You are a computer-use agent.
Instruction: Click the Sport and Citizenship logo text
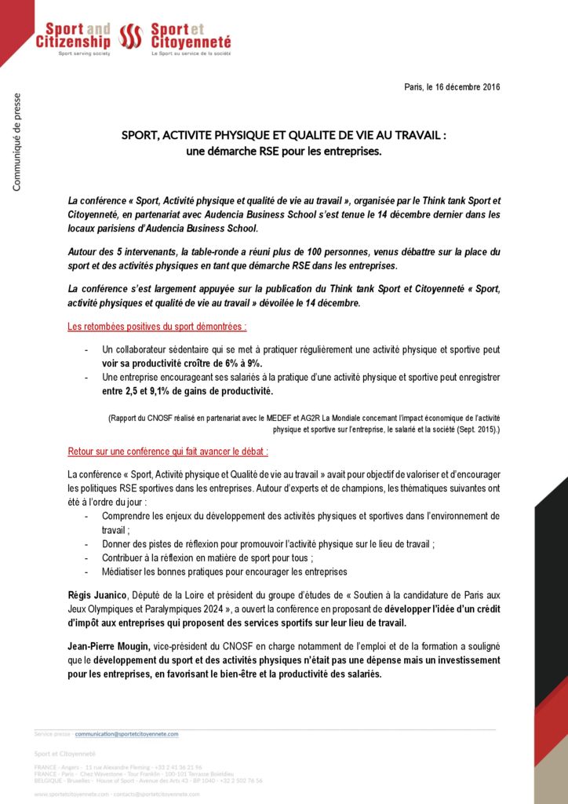tap(73, 35)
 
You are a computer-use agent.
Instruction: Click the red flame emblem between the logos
tap(129, 36)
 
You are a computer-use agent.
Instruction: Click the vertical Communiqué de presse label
tap(16, 142)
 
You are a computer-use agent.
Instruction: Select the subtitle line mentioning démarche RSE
tap(283, 150)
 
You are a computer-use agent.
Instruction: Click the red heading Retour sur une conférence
tap(168, 452)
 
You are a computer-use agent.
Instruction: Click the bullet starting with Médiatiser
tap(224, 572)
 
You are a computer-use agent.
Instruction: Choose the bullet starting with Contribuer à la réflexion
tap(208, 557)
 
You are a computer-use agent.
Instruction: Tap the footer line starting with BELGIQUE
tap(148, 780)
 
